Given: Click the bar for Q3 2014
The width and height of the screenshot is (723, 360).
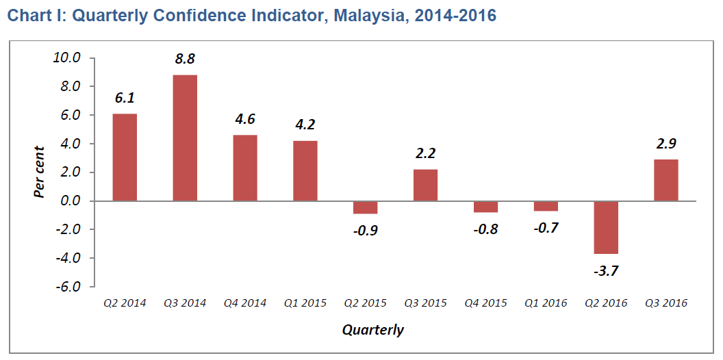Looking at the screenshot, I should (185, 138).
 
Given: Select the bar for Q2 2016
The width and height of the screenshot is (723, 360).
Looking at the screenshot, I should (606, 227).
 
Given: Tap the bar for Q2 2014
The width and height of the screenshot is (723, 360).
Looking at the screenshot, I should (125, 157).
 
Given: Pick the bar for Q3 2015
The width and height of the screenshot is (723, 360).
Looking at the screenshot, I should (425, 185).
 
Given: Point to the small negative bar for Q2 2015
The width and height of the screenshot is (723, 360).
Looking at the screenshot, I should (365, 207).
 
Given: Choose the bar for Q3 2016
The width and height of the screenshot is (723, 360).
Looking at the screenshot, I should (666, 180).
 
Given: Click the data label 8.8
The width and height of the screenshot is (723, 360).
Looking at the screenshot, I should (185, 59).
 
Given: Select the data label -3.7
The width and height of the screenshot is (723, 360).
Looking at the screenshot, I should (606, 270).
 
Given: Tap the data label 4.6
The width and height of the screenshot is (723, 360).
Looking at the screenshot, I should (245, 119).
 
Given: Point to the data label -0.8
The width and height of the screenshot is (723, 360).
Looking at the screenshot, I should (485, 229).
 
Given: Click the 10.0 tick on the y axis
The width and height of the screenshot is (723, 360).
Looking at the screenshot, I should (68, 58).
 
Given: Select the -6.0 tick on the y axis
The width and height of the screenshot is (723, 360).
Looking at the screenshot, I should (68, 287).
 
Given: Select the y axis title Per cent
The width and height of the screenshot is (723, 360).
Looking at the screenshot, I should (40, 172).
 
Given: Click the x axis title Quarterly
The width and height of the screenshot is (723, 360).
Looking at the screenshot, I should (373, 331).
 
